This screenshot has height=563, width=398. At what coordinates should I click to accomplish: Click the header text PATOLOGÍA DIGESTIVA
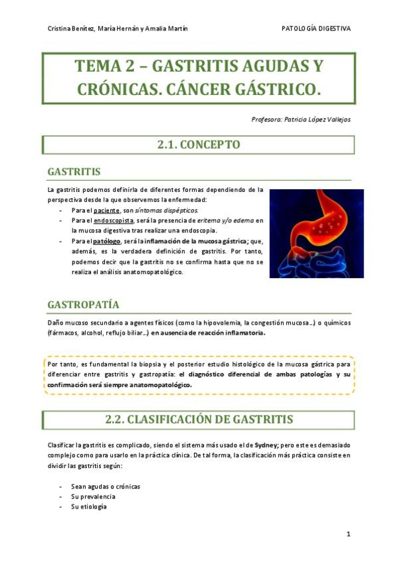(316, 29)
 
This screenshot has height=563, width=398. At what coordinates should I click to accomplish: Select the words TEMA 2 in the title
(103, 66)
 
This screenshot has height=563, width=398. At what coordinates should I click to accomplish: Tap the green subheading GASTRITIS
(74, 172)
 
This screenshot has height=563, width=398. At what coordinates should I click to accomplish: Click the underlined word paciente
(107, 210)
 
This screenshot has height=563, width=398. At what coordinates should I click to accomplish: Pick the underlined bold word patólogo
(107, 241)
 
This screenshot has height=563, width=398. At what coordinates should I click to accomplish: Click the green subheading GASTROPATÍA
(83, 305)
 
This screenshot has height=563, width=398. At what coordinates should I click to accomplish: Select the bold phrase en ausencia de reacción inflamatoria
(207, 333)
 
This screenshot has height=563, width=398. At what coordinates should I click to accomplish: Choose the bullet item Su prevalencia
(93, 496)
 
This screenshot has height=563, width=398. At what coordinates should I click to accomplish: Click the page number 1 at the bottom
(348, 534)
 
